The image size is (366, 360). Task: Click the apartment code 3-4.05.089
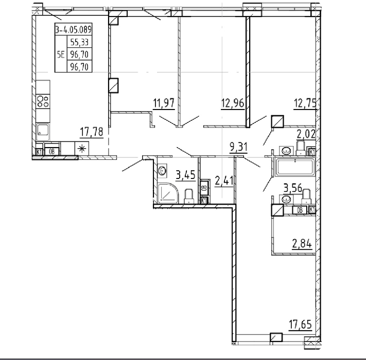(x=73, y=30)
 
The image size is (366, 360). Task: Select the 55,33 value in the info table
(x=79, y=43)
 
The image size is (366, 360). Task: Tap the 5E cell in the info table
(x=61, y=55)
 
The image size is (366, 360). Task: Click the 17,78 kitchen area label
(x=92, y=132)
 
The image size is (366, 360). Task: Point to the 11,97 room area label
(x=164, y=103)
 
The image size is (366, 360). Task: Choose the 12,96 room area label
(x=233, y=103)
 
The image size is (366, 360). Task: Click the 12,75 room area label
(x=305, y=103)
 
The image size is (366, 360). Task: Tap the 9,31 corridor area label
(x=238, y=147)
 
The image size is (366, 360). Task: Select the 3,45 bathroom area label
(x=185, y=175)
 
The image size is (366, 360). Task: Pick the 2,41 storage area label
(x=224, y=181)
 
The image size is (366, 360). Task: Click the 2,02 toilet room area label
(x=306, y=134)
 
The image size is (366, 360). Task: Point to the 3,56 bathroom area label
(x=293, y=188)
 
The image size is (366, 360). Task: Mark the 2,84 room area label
(x=302, y=244)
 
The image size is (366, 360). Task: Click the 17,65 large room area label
(x=301, y=325)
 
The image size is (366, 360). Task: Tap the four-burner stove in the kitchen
(x=43, y=101)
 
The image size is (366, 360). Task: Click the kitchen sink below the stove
(x=43, y=132)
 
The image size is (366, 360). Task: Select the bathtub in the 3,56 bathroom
(x=295, y=167)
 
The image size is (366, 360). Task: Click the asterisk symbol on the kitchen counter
(x=82, y=149)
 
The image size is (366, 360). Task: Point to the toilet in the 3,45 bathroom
(x=189, y=196)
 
